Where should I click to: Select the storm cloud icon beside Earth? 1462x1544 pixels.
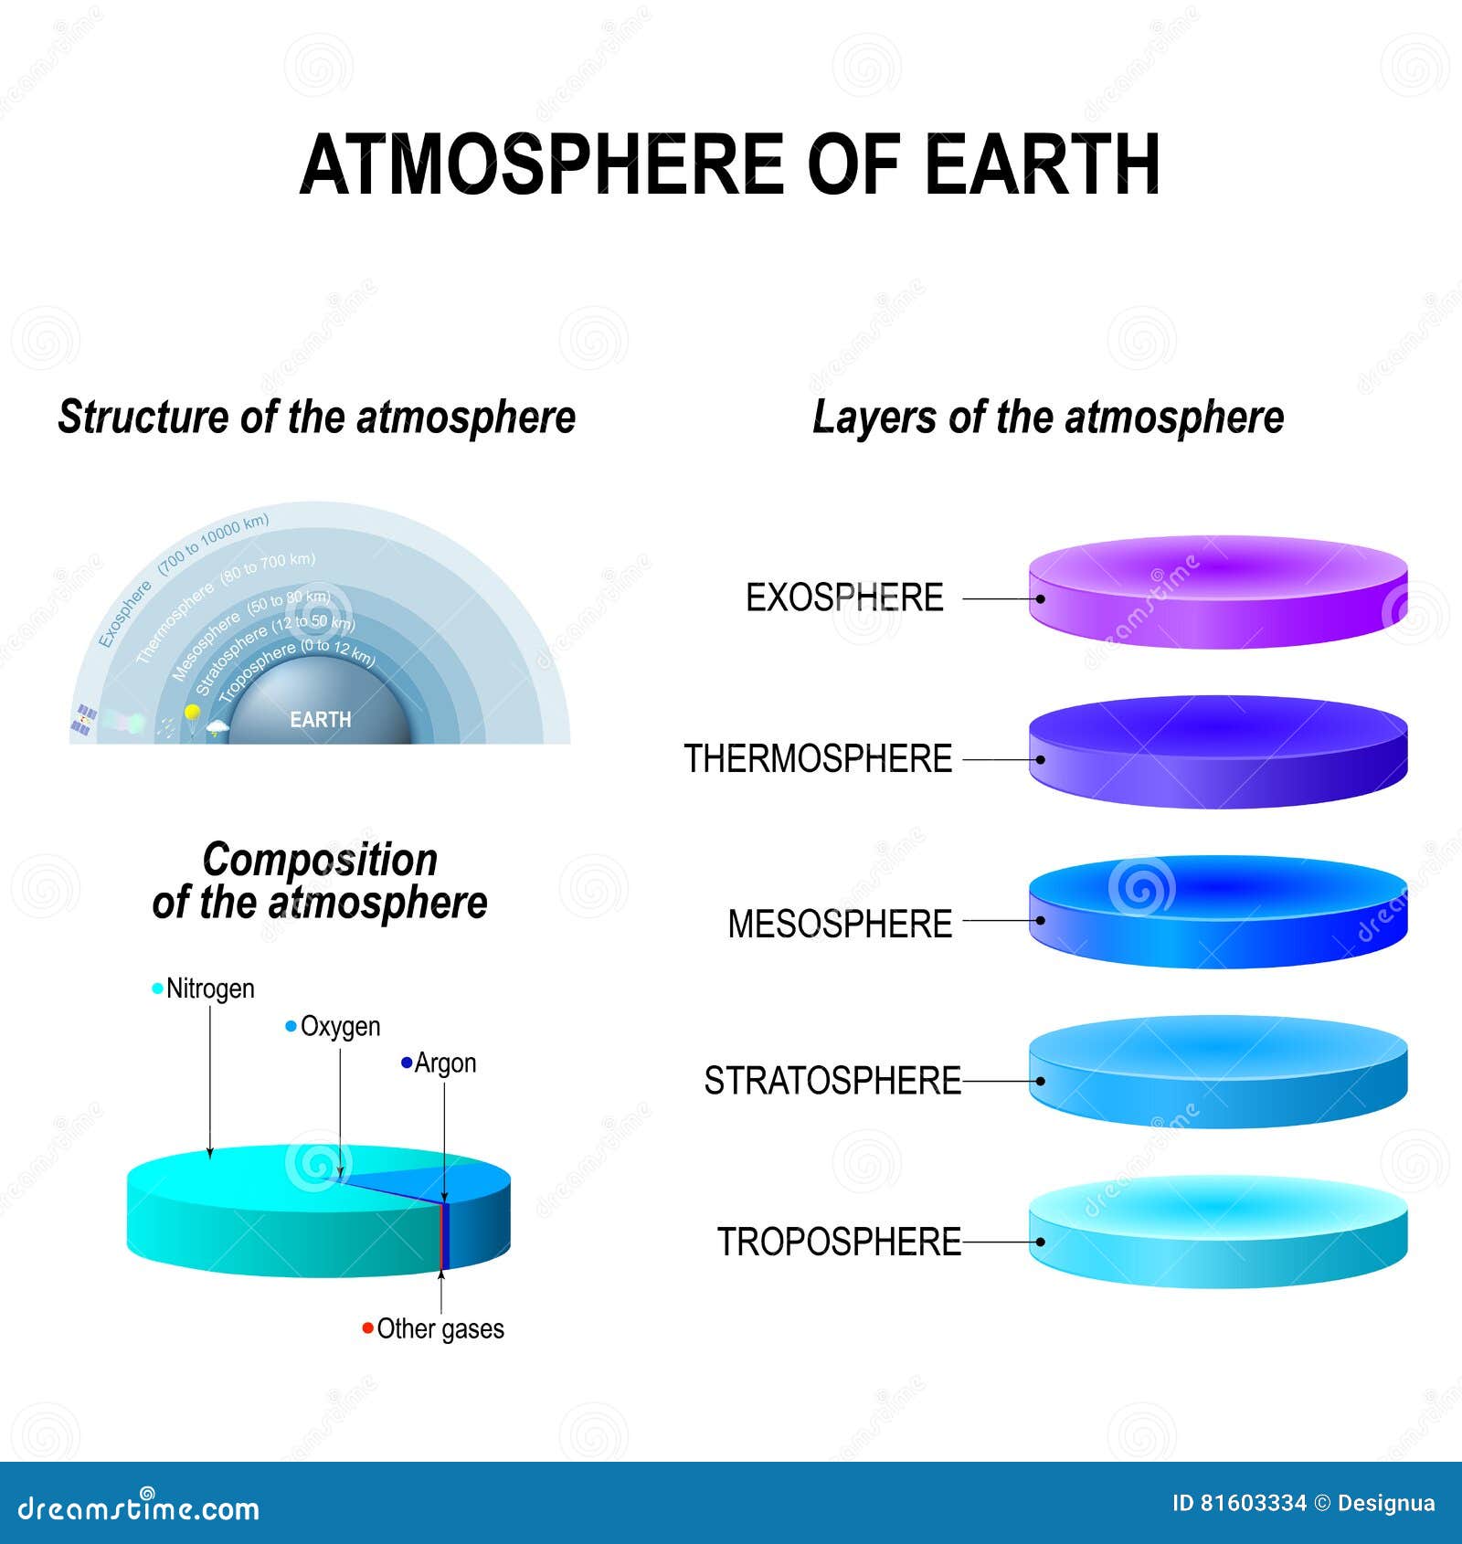pyautogui.click(x=217, y=728)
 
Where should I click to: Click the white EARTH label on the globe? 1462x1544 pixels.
pyautogui.click(x=320, y=720)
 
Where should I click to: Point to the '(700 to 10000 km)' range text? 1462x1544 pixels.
pyautogui.click(x=214, y=545)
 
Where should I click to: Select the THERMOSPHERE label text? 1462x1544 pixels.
pyautogui.click(x=818, y=759)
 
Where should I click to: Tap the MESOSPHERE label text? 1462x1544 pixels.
pyautogui.click(x=840, y=924)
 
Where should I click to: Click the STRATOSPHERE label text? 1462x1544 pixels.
pyautogui.click(x=832, y=1081)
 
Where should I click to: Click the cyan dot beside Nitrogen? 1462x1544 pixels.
pyautogui.click(x=158, y=989)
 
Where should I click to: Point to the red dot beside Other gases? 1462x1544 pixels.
pyautogui.click(x=367, y=1327)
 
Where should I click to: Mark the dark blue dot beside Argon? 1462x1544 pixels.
pyautogui.click(x=407, y=1063)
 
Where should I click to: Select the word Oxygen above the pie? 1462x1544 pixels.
pyautogui.click(x=340, y=1026)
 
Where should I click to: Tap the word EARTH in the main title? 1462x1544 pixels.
pyautogui.click(x=1042, y=165)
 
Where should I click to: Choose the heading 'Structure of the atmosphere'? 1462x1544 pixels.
pyautogui.click(x=317, y=418)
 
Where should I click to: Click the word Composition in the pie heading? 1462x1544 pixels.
pyautogui.click(x=320, y=860)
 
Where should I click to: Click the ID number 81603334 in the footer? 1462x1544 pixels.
pyautogui.click(x=1252, y=1503)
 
